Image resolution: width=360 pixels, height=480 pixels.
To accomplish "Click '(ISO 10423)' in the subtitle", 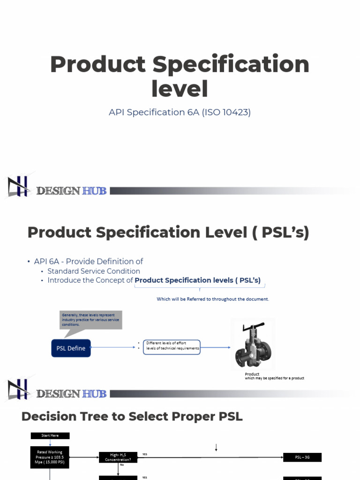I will pyautogui.click(x=226, y=112).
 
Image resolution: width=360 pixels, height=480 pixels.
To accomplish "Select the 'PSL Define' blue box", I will pyautogui.click(x=71, y=348).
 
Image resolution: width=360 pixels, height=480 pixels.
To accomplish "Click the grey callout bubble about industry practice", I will pyautogui.click(x=91, y=320).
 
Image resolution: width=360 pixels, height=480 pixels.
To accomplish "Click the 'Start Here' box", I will pyautogui.click(x=50, y=435).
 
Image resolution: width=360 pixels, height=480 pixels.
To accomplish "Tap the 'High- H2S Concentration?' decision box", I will pyautogui.click(x=118, y=457).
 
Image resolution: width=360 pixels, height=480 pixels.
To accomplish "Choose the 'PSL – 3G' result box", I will pyautogui.click(x=302, y=457).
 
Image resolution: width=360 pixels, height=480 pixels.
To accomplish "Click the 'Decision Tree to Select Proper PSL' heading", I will pyautogui.click(x=132, y=416).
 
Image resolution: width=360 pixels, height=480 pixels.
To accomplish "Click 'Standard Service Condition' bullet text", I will pyautogui.click(x=94, y=271).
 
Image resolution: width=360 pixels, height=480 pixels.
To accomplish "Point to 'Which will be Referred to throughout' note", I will pyautogui.click(x=213, y=299).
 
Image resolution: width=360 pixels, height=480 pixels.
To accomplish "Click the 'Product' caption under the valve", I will pyautogui.click(x=252, y=374).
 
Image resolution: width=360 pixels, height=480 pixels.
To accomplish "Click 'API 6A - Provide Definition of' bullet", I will pyautogui.click(x=89, y=262).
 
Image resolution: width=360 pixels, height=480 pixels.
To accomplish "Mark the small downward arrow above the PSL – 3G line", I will pyautogui.click(x=216, y=448).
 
